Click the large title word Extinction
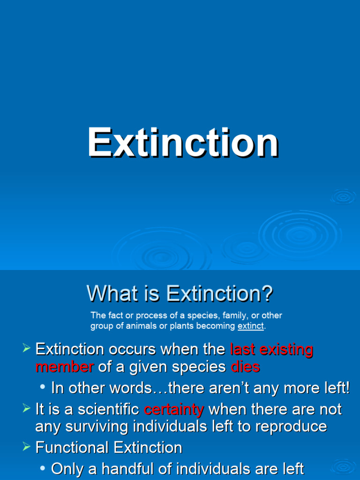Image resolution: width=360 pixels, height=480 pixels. tap(183, 143)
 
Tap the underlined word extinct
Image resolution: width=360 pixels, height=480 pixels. tap(251, 326)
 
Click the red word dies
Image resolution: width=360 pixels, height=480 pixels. tap(245, 367)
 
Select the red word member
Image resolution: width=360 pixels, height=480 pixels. tap(65, 367)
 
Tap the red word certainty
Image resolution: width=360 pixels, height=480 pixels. tap(174, 410)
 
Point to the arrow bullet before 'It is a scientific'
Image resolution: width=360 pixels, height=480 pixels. tap(26, 409)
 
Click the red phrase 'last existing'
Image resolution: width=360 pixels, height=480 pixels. tap(271, 349)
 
